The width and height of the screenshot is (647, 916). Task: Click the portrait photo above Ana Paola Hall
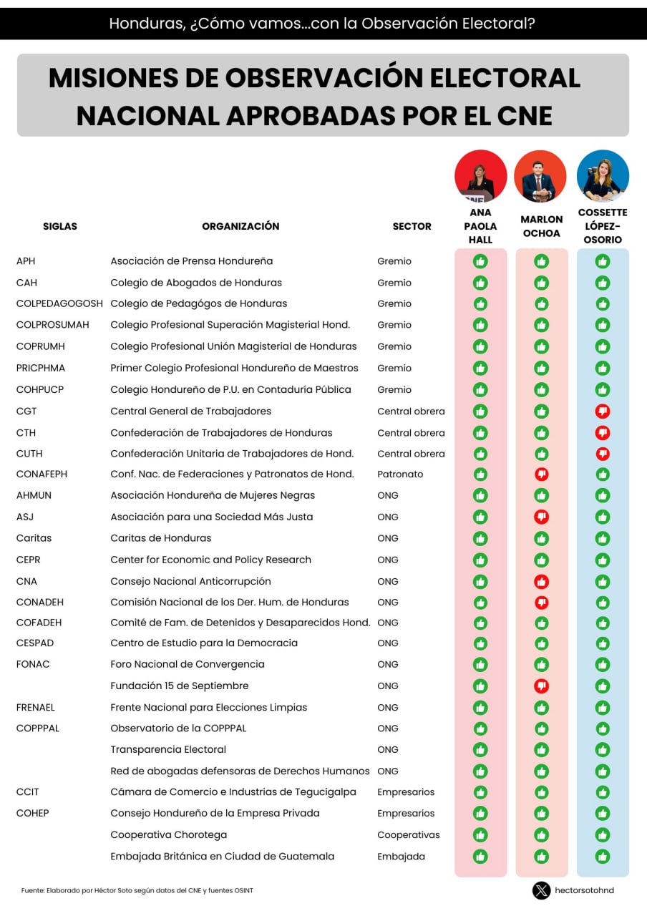(x=480, y=176)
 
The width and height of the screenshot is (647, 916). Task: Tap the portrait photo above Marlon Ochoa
(x=540, y=176)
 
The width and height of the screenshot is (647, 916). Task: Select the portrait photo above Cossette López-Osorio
(x=603, y=176)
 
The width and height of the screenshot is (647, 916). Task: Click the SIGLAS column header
(x=60, y=226)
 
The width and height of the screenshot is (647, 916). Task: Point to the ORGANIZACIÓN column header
(x=240, y=226)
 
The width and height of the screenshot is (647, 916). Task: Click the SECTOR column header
(x=412, y=226)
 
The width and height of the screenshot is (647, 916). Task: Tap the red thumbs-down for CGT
(x=603, y=411)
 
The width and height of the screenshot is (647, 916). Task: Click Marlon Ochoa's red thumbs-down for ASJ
(x=542, y=517)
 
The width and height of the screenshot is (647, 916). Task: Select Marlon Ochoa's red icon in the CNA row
(x=542, y=581)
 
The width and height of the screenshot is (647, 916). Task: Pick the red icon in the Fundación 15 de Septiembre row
(x=542, y=686)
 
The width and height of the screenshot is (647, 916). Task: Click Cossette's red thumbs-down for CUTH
(x=603, y=454)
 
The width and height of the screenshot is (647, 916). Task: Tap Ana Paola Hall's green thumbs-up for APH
(x=480, y=261)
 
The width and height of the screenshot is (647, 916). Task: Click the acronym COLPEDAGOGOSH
(x=59, y=303)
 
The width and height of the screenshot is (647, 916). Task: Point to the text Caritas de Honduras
(x=161, y=538)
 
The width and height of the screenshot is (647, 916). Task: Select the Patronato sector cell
(x=400, y=474)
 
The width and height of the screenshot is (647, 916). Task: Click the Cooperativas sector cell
(x=409, y=835)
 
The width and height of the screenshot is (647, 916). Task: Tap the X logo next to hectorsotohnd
(x=541, y=890)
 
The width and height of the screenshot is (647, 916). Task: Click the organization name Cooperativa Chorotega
(x=169, y=835)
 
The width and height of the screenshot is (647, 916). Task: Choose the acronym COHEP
(x=33, y=814)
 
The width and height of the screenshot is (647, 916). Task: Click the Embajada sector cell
(x=401, y=857)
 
